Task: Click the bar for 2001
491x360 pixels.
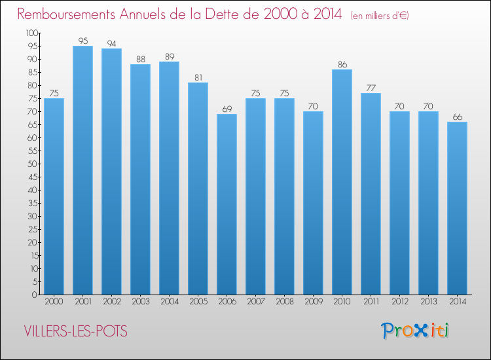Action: click(x=82, y=170)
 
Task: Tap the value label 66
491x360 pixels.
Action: click(x=457, y=117)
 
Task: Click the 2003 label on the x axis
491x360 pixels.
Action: click(x=140, y=302)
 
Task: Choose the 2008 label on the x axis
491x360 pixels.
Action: click(x=284, y=302)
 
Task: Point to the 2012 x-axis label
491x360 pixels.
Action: click(x=399, y=302)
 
